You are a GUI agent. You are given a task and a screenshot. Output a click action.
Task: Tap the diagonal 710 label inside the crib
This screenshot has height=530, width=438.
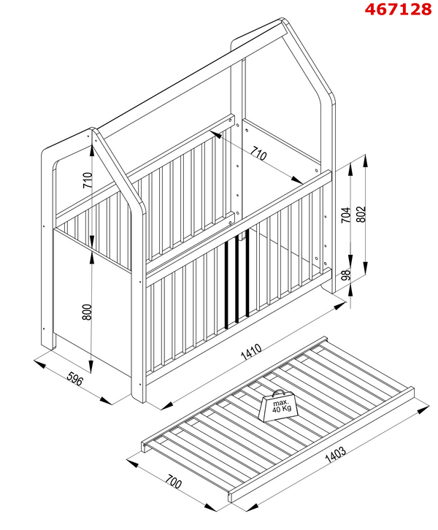click(x=258, y=155)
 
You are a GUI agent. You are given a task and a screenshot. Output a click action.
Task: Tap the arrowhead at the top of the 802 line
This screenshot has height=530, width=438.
click(x=364, y=159)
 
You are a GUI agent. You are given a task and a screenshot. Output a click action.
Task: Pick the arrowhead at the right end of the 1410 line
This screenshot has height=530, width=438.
click(x=342, y=305)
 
